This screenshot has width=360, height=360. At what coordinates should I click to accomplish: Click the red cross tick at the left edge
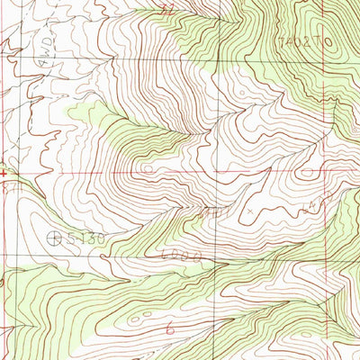[x=4, y=171]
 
